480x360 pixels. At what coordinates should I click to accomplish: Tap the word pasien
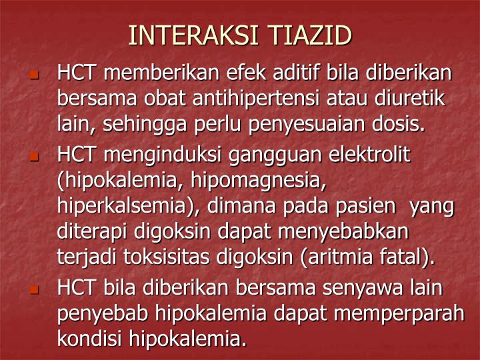tap(369, 207)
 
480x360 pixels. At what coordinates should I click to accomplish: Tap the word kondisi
tap(89, 339)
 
